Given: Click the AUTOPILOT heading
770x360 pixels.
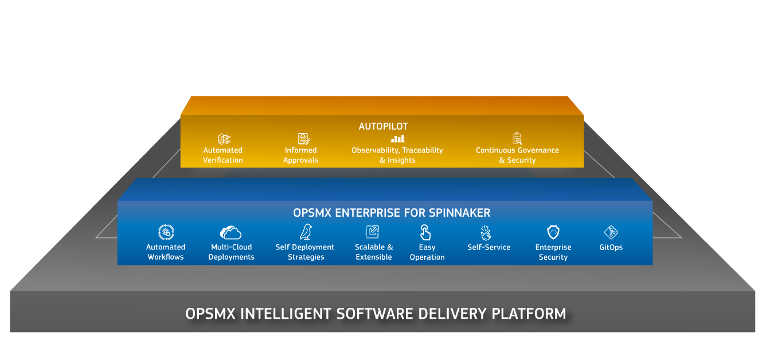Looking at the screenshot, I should [383, 126].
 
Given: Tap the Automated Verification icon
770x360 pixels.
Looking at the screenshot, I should [224, 139].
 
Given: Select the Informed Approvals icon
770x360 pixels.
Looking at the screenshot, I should [303, 139].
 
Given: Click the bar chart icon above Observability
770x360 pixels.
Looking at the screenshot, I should [397, 139].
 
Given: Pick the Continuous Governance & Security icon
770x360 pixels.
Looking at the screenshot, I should [517, 139].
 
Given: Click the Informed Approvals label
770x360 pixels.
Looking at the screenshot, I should [301, 155].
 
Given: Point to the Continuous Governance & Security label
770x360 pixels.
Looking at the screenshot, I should [517, 155].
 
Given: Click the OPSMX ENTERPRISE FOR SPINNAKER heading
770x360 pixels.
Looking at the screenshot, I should [392, 213].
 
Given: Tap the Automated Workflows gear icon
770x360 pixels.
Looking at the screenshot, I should [166, 232].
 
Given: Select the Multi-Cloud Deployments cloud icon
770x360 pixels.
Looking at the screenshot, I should [231, 232].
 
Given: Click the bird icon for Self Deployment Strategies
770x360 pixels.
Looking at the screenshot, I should [306, 232].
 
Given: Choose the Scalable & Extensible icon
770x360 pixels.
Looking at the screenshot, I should [373, 232].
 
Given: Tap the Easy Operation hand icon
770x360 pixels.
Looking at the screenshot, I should [425, 232].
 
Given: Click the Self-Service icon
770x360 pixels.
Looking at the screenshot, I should [486, 232].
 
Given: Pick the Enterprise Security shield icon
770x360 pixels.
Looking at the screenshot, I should [553, 232].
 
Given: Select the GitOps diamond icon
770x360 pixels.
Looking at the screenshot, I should [611, 232].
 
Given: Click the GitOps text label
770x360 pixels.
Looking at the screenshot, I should [611, 248].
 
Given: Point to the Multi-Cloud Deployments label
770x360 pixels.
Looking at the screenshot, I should [232, 252].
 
